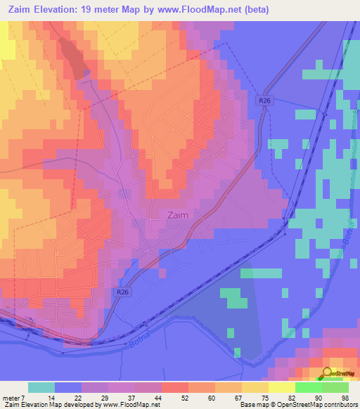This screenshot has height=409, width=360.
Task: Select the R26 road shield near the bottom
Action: pos(122,292)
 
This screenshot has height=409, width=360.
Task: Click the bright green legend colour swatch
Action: pos(308,387)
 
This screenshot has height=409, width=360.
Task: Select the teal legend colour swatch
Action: pos(41,387)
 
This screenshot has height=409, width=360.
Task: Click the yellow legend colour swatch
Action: pos(281,387)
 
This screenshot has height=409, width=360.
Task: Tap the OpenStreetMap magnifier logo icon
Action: pos(328,373)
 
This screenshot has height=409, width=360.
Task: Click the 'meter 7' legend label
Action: pos(14,398)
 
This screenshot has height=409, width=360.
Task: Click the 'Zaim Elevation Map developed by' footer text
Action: pos(51,405)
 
